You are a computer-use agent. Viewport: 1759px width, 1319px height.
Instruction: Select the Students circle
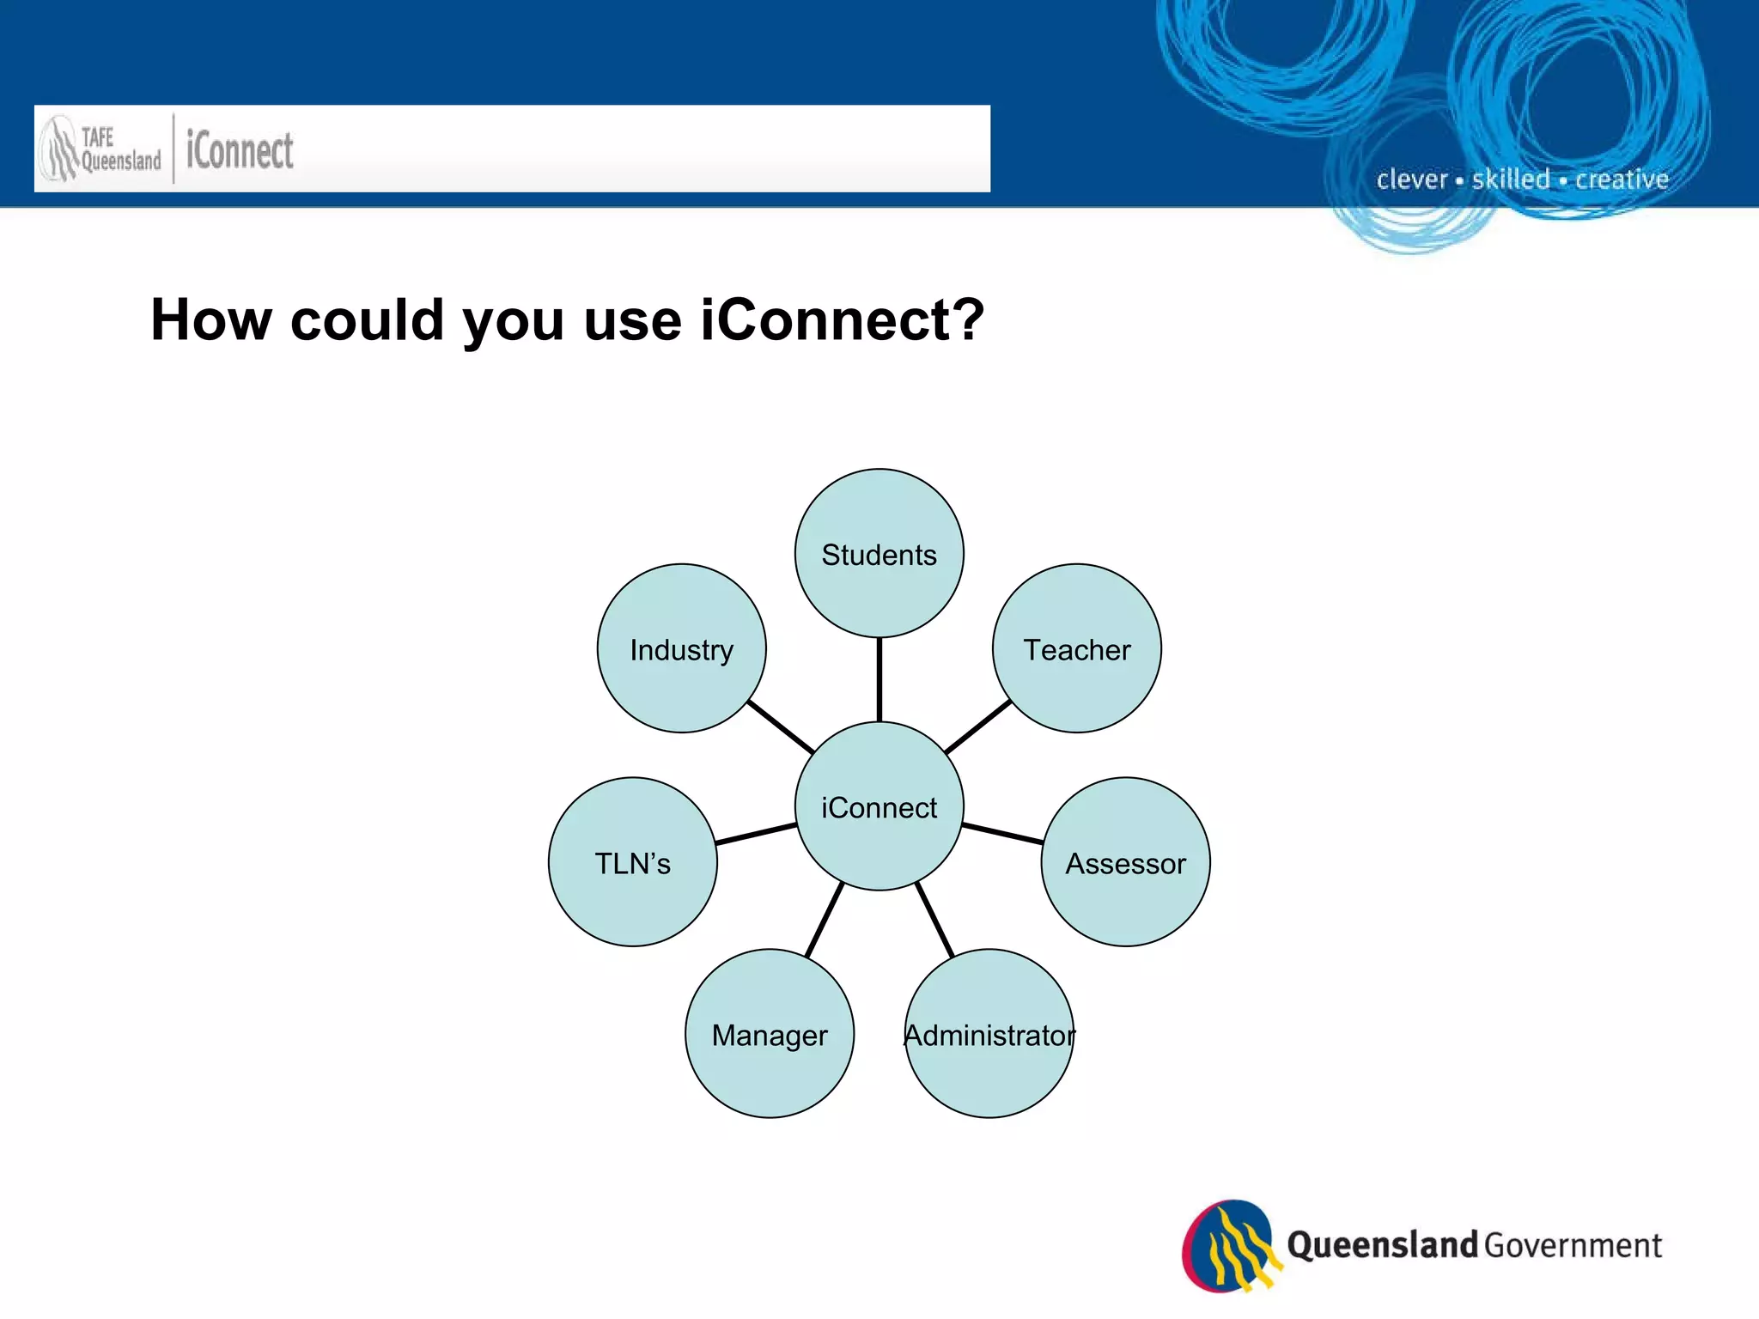tap(879, 553)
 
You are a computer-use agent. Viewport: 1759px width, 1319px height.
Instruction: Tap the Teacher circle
tap(1076, 648)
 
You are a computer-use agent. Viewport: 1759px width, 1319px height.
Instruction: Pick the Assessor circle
tap(1125, 861)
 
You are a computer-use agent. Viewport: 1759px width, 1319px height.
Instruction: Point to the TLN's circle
tap(633, 861)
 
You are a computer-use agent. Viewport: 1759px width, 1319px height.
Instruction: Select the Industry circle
tap(681, 648)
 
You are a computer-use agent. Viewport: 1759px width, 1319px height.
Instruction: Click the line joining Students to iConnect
tap(879, 679)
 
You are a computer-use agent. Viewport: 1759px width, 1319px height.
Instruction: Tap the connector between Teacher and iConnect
tap(977, 726)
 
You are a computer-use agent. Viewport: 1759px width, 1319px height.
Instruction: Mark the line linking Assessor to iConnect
tap(1002, 833)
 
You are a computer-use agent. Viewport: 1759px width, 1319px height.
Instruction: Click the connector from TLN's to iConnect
tap(756, 833)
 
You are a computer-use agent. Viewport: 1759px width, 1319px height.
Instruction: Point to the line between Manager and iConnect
tap(825, 920)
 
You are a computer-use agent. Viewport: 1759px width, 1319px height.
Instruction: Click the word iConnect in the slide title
tap(842, 320)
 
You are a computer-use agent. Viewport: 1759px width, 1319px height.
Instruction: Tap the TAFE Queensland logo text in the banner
tap(119, 149)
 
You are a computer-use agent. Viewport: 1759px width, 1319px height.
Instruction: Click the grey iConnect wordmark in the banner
tap(240, 150)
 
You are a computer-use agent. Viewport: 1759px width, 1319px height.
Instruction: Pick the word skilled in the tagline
tap(1511, 179)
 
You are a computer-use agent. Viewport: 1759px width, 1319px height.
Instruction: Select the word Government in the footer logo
tap(1573, 1245)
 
